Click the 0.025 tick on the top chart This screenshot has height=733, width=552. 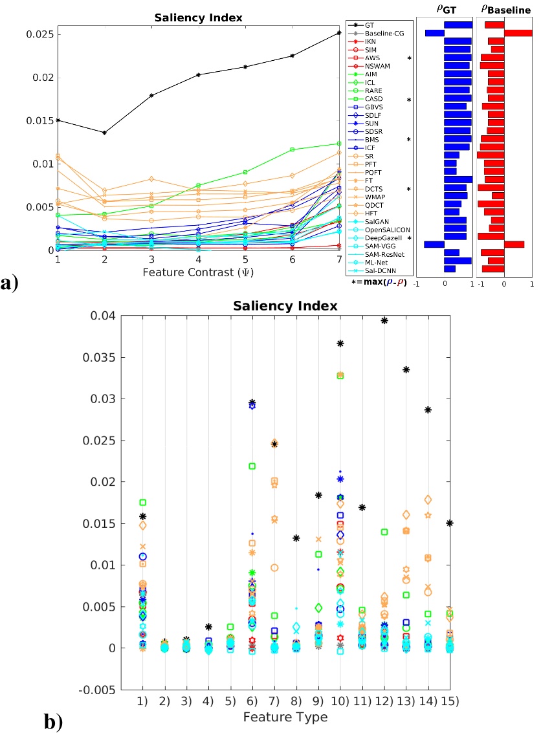click(38, 34)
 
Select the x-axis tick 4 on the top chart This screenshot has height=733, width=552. click(198, 259)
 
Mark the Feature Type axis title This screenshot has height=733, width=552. click(285, 717)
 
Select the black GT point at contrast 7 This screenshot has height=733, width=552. click(338, 33)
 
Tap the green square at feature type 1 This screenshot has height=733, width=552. click(142, 502)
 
